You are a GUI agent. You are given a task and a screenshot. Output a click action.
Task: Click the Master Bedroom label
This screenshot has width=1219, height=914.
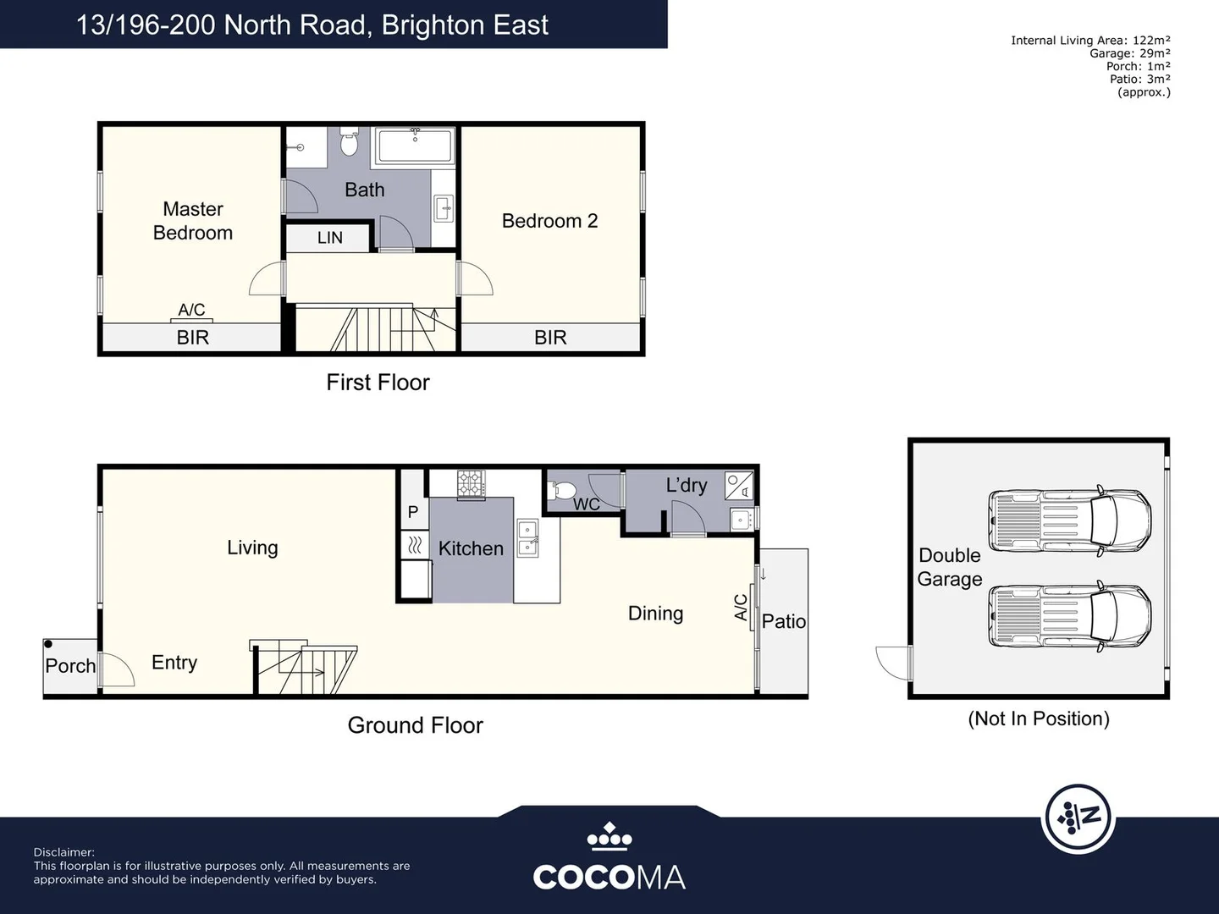193,221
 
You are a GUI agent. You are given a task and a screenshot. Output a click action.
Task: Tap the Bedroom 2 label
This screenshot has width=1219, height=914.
549,221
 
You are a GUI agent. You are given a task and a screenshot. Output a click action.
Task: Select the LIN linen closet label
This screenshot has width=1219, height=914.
329,238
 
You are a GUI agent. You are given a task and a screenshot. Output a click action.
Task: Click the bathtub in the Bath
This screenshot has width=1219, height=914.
415,146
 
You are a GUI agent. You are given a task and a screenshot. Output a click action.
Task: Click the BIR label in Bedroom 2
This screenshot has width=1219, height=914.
550,338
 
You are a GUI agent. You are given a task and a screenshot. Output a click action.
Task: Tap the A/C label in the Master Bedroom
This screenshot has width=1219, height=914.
191,310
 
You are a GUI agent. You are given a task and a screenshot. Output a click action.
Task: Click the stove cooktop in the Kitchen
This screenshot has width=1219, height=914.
471,484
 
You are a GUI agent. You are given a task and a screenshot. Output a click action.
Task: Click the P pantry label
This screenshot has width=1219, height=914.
413,512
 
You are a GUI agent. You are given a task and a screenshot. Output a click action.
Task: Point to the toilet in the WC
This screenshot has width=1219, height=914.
564,490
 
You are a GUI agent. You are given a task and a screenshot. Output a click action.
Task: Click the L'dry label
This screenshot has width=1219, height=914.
686,485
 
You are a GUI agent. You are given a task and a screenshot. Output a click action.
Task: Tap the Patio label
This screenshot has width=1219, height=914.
783,621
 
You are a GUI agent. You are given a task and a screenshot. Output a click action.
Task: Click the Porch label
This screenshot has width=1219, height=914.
70,666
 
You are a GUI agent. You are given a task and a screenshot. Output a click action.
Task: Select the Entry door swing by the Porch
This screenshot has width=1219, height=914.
117,669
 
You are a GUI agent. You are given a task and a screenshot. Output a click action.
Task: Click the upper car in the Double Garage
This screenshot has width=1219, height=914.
1070,520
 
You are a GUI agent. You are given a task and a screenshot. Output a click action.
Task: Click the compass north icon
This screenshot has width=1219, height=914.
1078,818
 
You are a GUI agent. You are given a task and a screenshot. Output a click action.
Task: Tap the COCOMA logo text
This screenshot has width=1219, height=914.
609,877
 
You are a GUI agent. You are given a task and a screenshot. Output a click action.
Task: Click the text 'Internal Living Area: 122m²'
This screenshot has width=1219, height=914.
1090,40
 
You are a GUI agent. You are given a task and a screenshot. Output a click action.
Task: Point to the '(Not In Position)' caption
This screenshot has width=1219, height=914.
1039,719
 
